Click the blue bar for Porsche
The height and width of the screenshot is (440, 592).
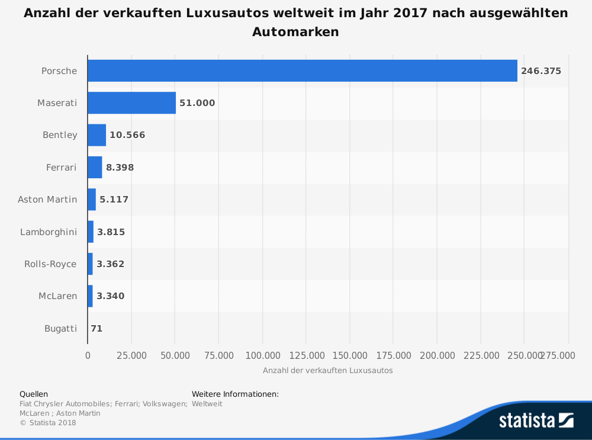point(302,70)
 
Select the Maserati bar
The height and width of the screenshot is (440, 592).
point(131,102)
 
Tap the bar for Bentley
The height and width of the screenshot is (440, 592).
point(96,134)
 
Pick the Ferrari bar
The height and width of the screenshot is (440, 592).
point(95,167)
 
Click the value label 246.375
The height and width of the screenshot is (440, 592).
point(540,71)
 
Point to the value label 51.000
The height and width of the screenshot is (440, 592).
point(197,103)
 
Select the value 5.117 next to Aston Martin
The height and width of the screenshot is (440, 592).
point(114,200)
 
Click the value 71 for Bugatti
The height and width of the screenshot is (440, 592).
point(96,328)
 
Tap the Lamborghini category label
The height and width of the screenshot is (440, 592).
point(49,232)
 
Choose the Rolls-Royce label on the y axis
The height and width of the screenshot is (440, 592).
point(50,264)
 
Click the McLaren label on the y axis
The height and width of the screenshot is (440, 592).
point(57,296)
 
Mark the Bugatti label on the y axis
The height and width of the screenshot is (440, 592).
point(60,328)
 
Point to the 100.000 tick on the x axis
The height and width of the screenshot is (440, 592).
point(262,355)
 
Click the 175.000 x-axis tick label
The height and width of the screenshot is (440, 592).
point(393,355)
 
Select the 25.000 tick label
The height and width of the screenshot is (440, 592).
point(131,355)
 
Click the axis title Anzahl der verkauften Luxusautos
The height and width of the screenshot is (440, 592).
point(327,371)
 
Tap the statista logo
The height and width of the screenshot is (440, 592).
point(536,420)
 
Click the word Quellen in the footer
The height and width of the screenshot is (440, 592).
point(34,394)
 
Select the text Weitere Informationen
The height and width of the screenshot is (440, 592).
point(235,394)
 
